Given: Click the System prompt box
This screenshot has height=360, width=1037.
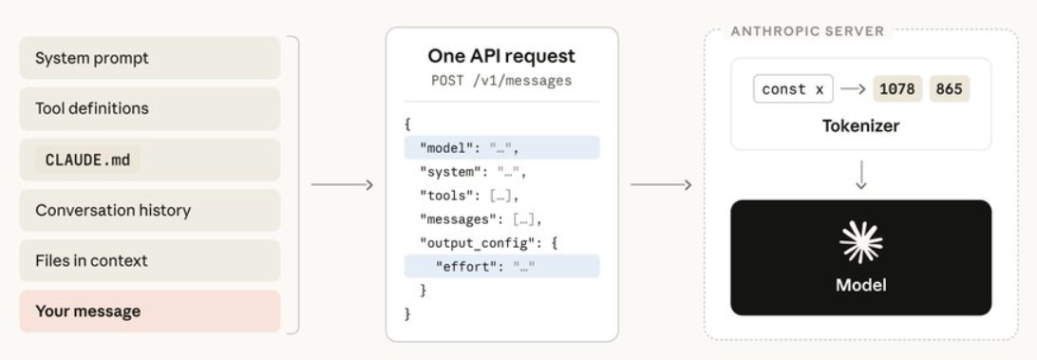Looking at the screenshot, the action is click(150, 58).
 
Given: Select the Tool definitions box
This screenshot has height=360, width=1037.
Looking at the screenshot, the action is click(150, 108).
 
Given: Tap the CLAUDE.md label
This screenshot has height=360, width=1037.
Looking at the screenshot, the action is click(87, 160).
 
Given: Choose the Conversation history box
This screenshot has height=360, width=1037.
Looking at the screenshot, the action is click(150, 211).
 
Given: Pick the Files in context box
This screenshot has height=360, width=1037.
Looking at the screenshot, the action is click(150, 260).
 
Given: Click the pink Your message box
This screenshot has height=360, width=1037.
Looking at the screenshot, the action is click(150, 311).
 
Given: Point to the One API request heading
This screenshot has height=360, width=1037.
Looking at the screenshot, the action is click(501, 56).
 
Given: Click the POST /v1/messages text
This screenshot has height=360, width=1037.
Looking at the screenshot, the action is click(501, 81).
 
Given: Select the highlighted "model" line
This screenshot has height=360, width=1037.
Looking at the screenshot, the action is click(502, 147).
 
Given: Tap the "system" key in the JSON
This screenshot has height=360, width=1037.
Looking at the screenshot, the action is click(447, 172).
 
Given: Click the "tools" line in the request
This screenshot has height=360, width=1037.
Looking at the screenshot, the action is click(469, 196).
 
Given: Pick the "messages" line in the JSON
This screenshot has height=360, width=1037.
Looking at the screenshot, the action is click(481, 219).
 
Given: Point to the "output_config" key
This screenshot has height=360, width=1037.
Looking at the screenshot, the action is click(476, 243).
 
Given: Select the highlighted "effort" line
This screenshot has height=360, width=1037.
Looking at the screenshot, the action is click(502, 266).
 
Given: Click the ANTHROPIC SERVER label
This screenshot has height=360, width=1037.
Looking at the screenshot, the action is click(807, 31).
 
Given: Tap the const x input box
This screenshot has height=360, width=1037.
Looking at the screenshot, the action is click(793, 89).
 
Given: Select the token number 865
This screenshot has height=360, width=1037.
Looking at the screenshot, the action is click(949, 89).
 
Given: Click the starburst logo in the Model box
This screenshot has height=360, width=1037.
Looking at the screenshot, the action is click(860, 242).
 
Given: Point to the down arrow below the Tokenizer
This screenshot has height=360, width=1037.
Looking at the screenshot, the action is click(860, 175).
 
